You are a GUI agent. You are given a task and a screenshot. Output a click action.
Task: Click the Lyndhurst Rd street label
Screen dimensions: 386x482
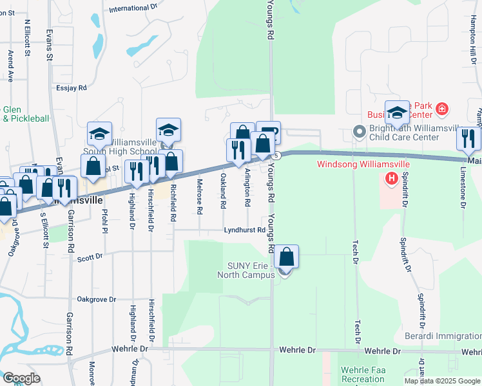(245, 230)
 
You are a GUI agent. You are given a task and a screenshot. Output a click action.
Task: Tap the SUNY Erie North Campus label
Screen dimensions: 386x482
(251, 270)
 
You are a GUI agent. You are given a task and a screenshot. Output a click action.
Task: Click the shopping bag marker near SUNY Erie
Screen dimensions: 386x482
(287, 257)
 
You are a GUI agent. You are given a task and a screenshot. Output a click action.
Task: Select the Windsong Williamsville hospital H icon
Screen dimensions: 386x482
(390, 178)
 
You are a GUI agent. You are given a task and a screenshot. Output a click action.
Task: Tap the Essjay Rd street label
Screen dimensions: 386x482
(72, 88)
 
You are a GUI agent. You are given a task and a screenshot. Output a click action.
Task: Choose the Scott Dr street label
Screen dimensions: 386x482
(90, 257)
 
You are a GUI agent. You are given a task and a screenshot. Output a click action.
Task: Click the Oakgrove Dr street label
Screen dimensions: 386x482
(96, 299)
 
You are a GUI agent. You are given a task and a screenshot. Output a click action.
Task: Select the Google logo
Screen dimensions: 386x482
(21, 378)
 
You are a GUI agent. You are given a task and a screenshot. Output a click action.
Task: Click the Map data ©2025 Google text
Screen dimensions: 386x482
(442, 381)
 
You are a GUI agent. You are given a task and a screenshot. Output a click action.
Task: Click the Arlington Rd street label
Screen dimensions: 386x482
(247, 187)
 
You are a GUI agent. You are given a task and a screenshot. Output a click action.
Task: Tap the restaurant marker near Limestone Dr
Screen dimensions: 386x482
(468, 139)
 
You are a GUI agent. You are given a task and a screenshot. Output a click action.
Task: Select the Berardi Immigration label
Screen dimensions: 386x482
(442, 336)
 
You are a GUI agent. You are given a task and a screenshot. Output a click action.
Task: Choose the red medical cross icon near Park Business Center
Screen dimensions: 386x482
(441, 109)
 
